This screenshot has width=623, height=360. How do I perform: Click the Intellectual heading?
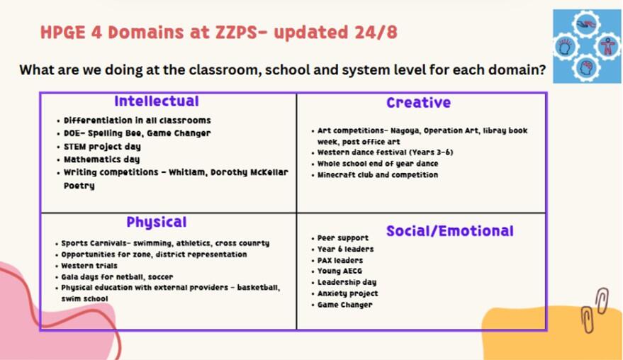(x=157, y=101)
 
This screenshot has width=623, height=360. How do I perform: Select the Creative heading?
(x=418, y=103)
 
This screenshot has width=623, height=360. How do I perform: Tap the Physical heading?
(x=156, y=222)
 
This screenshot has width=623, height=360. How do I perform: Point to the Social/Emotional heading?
(x=450, y=231)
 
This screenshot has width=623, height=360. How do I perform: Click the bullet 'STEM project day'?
(x=102, y=147)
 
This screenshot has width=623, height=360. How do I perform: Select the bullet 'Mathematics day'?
(x=102, y=159)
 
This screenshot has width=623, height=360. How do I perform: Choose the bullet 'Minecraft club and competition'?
(x=378, y=175)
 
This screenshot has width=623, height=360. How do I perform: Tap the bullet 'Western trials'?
(x=89, y=266)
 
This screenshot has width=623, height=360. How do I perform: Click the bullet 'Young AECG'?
(x=339, y=271)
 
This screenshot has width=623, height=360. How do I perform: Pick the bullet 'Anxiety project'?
(x=348, y=293)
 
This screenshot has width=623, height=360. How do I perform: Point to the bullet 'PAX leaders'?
(x=340, y=260)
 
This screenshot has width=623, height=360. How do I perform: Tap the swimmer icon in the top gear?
(x=586, y=26)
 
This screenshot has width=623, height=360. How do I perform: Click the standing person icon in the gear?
(x=607, y=46)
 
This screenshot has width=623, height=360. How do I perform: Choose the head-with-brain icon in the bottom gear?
(x=586, y=67)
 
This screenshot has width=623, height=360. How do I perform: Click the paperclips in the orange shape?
(x=595, y=310)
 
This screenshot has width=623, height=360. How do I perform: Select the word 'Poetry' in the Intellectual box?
(x=79, y=186)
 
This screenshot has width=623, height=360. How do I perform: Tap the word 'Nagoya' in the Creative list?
(x=405, y=130)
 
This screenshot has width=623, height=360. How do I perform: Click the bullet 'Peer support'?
(x=343, y=238)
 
